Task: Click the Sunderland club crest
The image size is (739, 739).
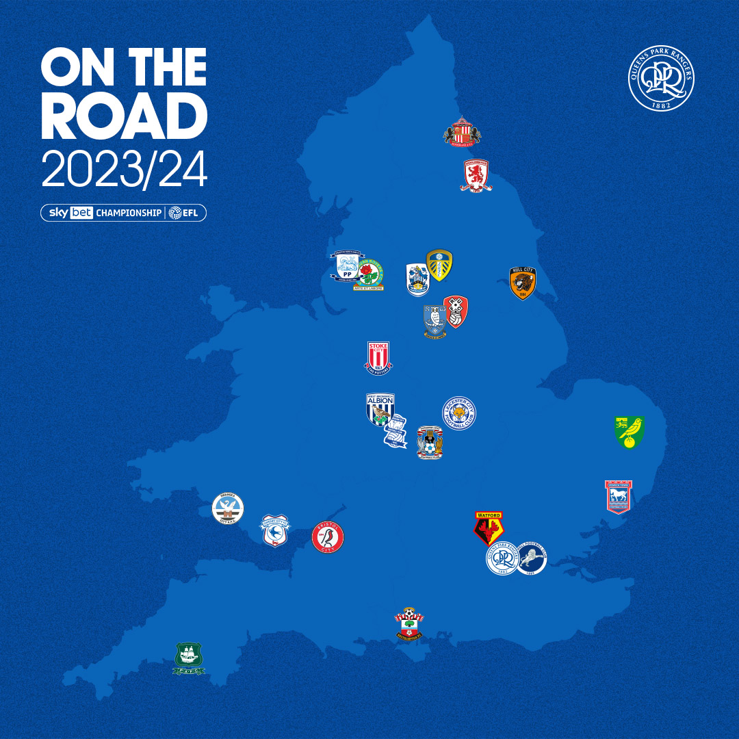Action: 463,131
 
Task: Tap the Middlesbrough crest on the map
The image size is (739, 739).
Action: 477,175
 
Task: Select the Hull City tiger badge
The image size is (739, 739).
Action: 523,283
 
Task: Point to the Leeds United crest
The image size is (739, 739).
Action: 439,265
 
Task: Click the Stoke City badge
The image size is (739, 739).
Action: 378,357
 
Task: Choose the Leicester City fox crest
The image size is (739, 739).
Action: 459,413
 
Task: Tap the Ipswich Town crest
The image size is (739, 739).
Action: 619,497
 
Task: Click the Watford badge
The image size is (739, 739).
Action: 489,528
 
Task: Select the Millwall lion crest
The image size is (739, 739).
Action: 531,558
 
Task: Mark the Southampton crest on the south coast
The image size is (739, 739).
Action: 409,625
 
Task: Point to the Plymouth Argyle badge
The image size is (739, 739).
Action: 189,658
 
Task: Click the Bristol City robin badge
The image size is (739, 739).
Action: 328,537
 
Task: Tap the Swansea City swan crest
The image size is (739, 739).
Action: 228,508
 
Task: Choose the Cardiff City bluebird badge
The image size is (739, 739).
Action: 274,531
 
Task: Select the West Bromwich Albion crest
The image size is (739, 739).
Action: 380,410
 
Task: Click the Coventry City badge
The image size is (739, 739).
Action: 430,443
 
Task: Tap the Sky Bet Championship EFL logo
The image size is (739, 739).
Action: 124,213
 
